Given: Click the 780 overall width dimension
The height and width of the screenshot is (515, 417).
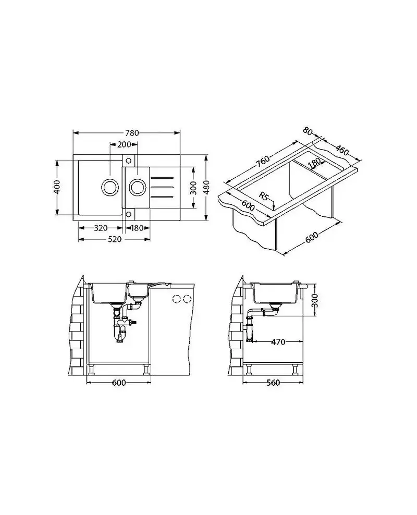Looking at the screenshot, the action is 132,133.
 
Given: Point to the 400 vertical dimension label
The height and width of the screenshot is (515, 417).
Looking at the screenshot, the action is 57,187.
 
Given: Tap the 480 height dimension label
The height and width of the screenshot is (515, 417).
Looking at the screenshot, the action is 206,187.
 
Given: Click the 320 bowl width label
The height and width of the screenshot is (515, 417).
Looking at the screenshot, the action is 101,228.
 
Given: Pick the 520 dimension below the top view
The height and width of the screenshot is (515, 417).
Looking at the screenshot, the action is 115,239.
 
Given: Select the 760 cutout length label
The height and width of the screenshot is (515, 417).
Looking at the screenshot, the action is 262,161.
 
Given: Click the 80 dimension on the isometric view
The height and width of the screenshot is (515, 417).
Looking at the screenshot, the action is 308,131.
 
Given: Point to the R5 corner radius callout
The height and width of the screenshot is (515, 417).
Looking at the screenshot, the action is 264,197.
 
